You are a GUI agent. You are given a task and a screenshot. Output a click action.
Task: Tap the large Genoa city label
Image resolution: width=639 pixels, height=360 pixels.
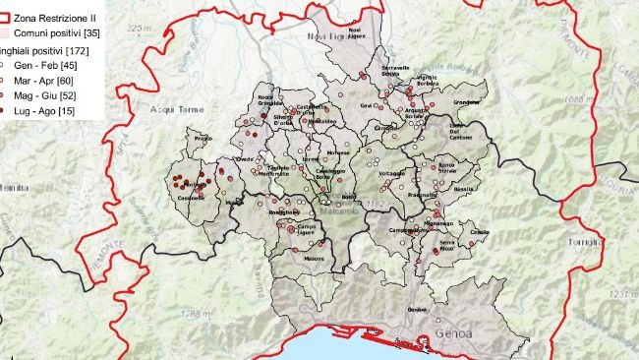coord(451,332)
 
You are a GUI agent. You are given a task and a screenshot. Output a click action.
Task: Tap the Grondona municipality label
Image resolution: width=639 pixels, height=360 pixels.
coord(466,101)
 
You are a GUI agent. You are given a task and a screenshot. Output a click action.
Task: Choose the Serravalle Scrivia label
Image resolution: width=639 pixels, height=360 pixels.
coord(395,70)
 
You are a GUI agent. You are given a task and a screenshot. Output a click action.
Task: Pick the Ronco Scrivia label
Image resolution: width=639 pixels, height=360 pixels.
coord(447,169)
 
